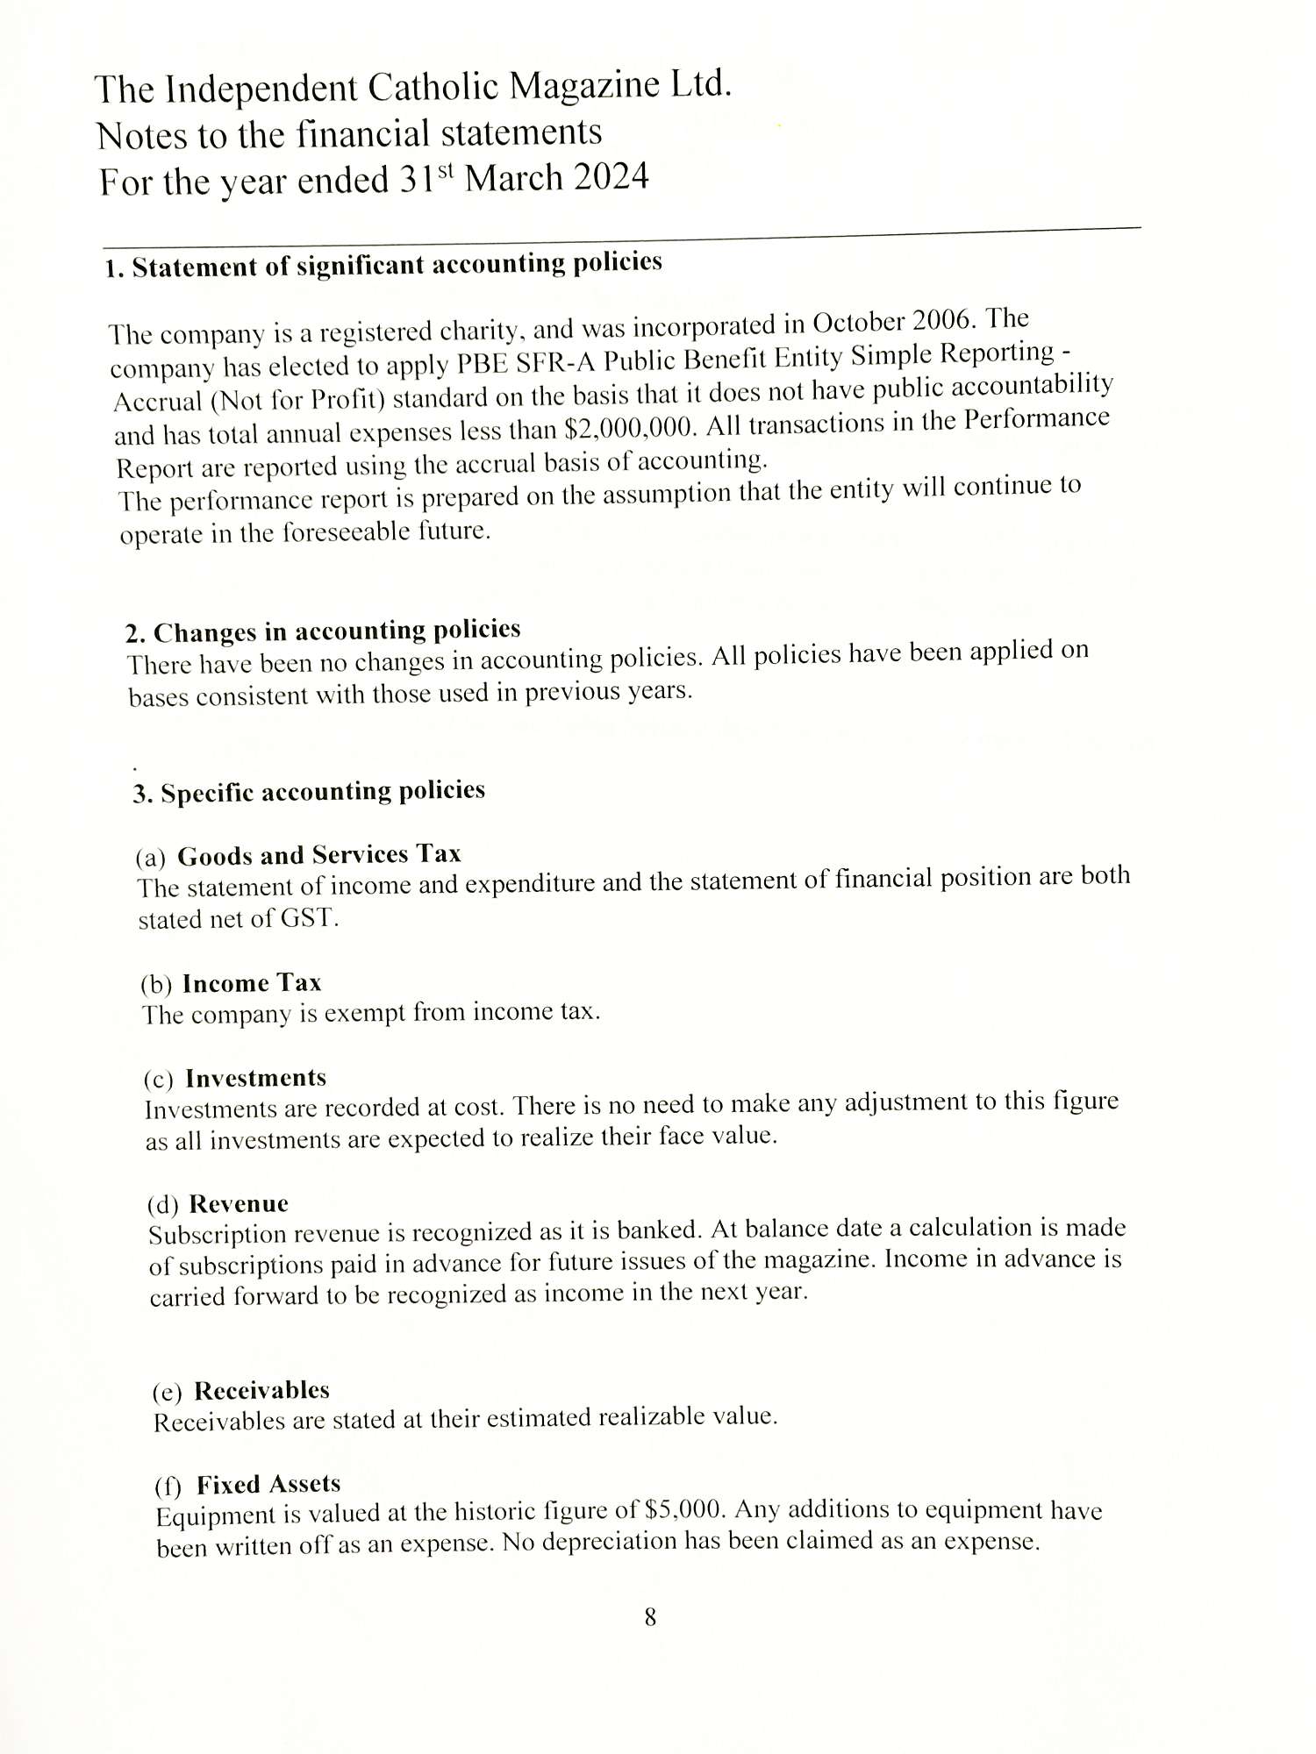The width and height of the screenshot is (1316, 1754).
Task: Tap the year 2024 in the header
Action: [x=611, y=177]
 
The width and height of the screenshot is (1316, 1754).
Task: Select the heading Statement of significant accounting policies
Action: [x=397, y=264]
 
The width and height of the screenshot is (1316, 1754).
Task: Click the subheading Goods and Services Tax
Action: [x=318, y=855]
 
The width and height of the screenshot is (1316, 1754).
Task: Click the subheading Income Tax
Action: [x=252, y=983]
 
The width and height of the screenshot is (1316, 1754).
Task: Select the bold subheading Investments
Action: [x=255, y=1078]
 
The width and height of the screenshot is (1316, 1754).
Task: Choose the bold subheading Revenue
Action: [x=239, y=1204]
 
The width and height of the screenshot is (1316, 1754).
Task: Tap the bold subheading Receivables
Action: [x=261, y=1391]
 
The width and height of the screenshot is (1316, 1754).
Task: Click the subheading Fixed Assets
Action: [x=268, y=1485]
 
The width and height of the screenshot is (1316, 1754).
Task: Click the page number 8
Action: [x=650, y=1617]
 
